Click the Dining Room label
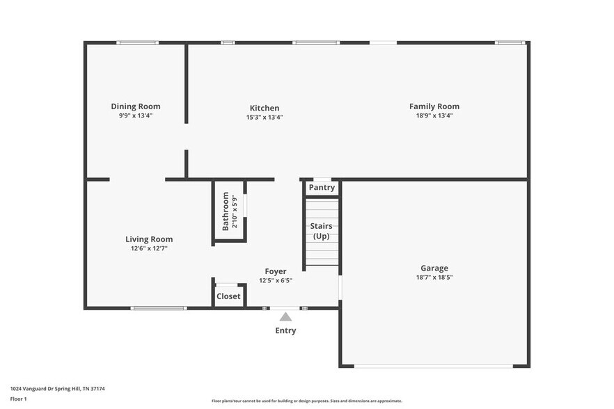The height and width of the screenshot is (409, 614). pos(136,106)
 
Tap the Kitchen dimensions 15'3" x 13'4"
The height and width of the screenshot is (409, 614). pos(265,118)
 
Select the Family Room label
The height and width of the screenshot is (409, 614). pos(434,106)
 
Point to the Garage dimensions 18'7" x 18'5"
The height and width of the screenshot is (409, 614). pos(434,278)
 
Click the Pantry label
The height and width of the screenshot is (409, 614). pos(322,188)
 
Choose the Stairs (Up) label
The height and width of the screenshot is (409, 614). pos(321,231)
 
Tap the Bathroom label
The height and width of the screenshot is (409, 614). pos(226,211)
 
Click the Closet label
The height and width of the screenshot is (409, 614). pos(228,296)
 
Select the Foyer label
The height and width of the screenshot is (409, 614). pos(275,271)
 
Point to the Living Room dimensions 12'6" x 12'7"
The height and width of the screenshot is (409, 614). pos(149,248)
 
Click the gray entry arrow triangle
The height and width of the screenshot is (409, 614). pos(285,316)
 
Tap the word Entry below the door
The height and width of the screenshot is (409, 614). pos(285,330)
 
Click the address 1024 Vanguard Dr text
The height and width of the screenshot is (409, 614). pos(57,389)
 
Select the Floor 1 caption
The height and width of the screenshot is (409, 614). pos(18,399)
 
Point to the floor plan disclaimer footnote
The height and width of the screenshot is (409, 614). pos(306,401)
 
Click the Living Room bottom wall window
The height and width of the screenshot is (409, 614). pos(159,307)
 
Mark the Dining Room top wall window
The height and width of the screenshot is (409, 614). pos(137,43)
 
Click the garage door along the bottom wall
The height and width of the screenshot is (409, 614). pos(434,366)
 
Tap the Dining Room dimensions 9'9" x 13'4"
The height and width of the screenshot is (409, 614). pos(136,116)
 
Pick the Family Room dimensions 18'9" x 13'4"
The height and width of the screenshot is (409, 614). pos(434,116)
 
